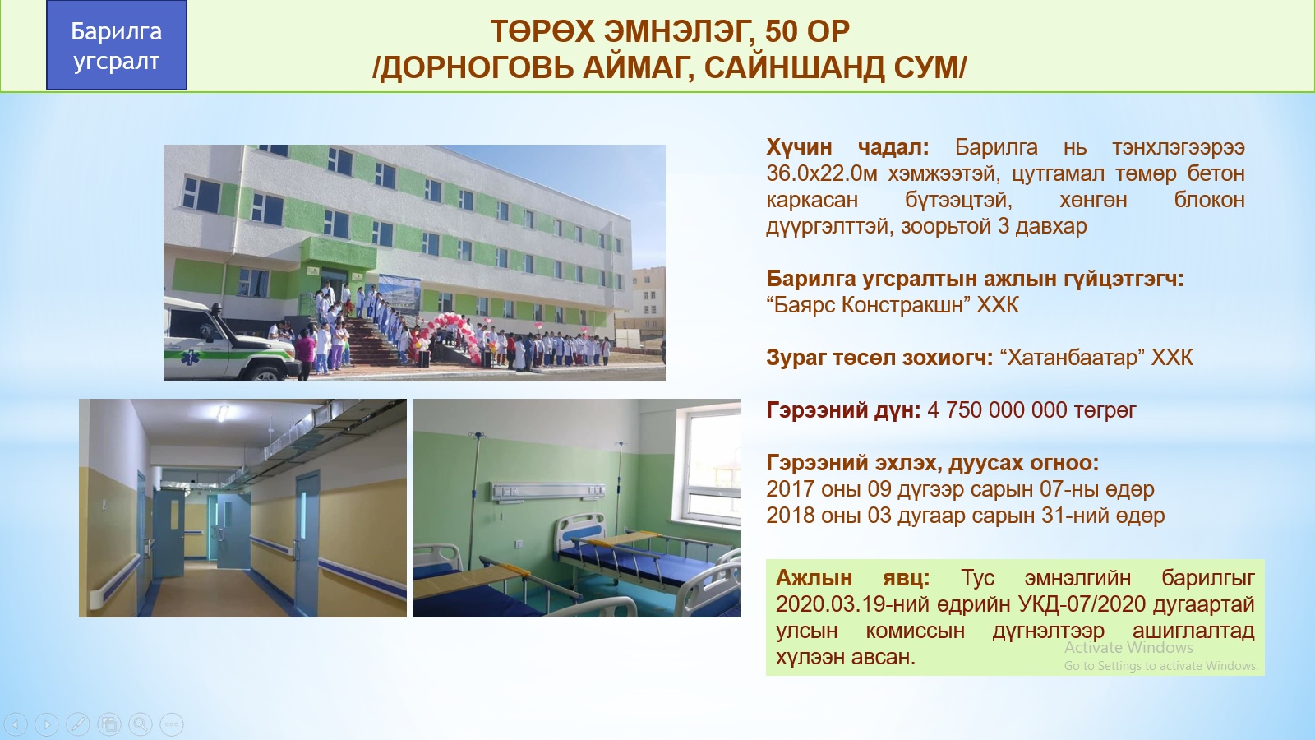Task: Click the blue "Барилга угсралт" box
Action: tap(116, 45)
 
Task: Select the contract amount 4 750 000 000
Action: tap(997, 410)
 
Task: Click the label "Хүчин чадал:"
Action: tap(847, 147)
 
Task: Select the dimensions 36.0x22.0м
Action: tap(822, 173)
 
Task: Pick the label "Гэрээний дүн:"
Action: tap(843, 410)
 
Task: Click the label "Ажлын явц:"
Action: tap(852, 578)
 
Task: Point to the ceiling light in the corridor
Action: tap(222, 414)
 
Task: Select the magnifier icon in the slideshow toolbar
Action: tap(141, 724)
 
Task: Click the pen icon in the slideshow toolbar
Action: tap(78, 724)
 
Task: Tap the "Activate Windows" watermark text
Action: tap(1129, 647)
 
